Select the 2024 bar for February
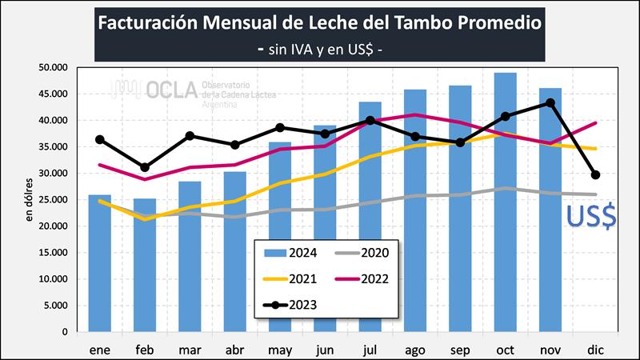[x=145, y=265]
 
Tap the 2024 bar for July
[x=370, y=216]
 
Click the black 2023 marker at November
[x=550, y=102]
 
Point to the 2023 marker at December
[x=595, y=174]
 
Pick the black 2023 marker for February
[x=145, y=167]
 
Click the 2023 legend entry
[x=295, y=305]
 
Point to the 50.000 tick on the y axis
[x=54, y=68]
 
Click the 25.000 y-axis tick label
[x=54, y=199]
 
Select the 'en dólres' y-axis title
[x=29, y=200]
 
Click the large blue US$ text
[x=591, y=217]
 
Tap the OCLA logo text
[x=172, y=90]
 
